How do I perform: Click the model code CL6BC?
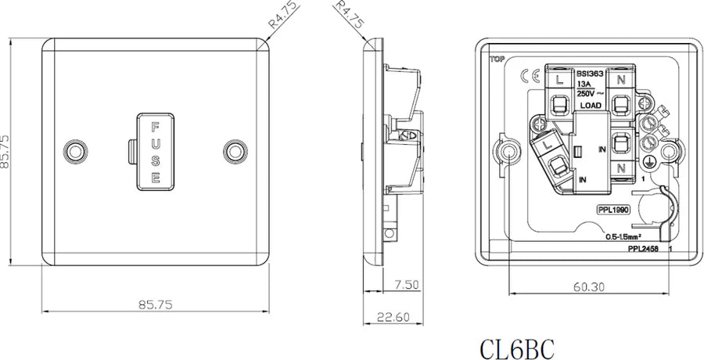coord(518,344)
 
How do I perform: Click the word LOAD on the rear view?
coord(590,104)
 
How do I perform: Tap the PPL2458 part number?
coord(644,248)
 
